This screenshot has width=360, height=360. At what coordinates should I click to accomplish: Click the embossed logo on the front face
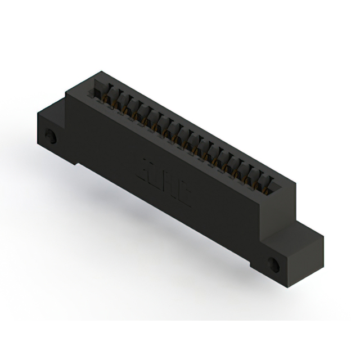tap(165, 184)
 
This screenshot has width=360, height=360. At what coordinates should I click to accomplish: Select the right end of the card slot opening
tap(276, 183)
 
